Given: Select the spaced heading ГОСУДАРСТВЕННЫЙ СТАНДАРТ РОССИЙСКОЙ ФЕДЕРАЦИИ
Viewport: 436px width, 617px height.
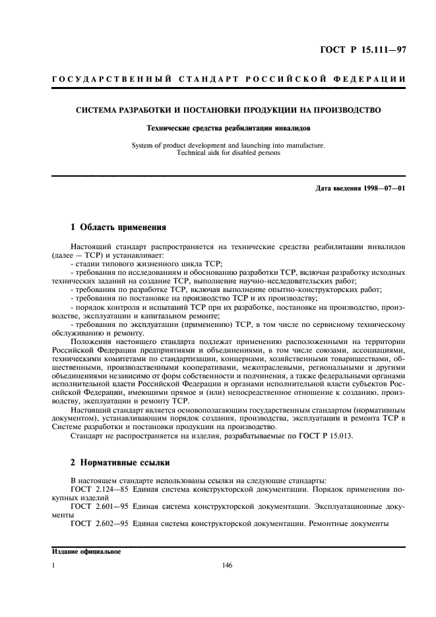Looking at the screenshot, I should point(228,81).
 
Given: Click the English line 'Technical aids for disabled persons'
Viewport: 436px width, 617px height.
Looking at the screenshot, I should point(228,153).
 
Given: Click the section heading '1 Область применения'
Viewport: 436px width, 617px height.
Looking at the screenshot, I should point(118,228).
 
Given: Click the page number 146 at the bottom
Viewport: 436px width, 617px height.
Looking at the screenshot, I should point(228,566).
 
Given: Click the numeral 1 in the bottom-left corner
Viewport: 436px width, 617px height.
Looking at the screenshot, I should point(53,566).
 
